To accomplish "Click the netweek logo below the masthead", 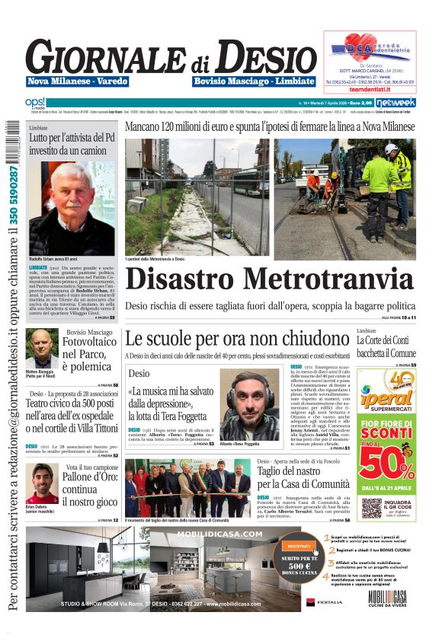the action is click(396, 102).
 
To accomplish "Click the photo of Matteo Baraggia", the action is click(41, 347).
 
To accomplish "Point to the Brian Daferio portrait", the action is click(42, 483).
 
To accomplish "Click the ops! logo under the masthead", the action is click(35, 102).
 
